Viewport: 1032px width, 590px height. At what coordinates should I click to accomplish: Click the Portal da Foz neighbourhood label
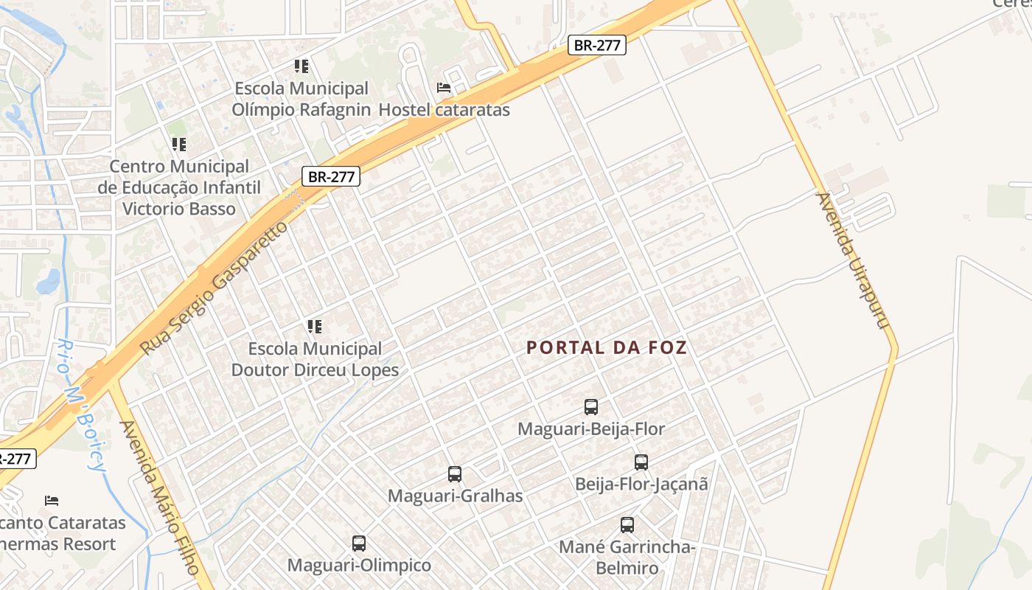[x=607, y=347]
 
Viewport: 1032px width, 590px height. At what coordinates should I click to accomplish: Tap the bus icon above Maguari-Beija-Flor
[x=591, y=406]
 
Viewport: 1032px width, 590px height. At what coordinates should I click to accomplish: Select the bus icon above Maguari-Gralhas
[x=455, y=474]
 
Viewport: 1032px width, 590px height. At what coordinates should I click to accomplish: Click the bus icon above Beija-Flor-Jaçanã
[x=641, y=462]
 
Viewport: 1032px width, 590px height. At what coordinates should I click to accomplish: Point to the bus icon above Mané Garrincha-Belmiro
[x=627, y=525]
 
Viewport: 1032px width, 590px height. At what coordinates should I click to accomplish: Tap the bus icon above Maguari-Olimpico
[x=359, y=544]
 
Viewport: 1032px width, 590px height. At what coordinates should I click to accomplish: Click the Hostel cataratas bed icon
[x=444, y=88]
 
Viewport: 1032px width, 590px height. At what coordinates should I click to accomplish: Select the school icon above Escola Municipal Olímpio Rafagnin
[x=301, y=66]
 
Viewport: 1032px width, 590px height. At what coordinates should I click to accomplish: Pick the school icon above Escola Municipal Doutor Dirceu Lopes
[x=315, y=326]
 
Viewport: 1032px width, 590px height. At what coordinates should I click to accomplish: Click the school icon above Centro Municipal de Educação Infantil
[x=178, y=144]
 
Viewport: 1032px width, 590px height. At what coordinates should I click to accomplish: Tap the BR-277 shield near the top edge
[x=597, y=45]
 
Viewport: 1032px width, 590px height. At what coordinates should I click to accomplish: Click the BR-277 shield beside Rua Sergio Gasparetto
[x=331, y=176]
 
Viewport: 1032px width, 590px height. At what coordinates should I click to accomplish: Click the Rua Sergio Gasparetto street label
[x=213, y=288]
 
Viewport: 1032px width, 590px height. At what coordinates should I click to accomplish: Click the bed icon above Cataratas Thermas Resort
[x=52, y=501]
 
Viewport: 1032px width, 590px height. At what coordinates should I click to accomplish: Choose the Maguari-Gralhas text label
[x=455, y=496]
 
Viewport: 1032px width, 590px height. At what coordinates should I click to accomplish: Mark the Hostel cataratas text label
[x=444, y=110]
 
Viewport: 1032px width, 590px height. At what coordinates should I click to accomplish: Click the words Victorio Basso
[x=179, y=209]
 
